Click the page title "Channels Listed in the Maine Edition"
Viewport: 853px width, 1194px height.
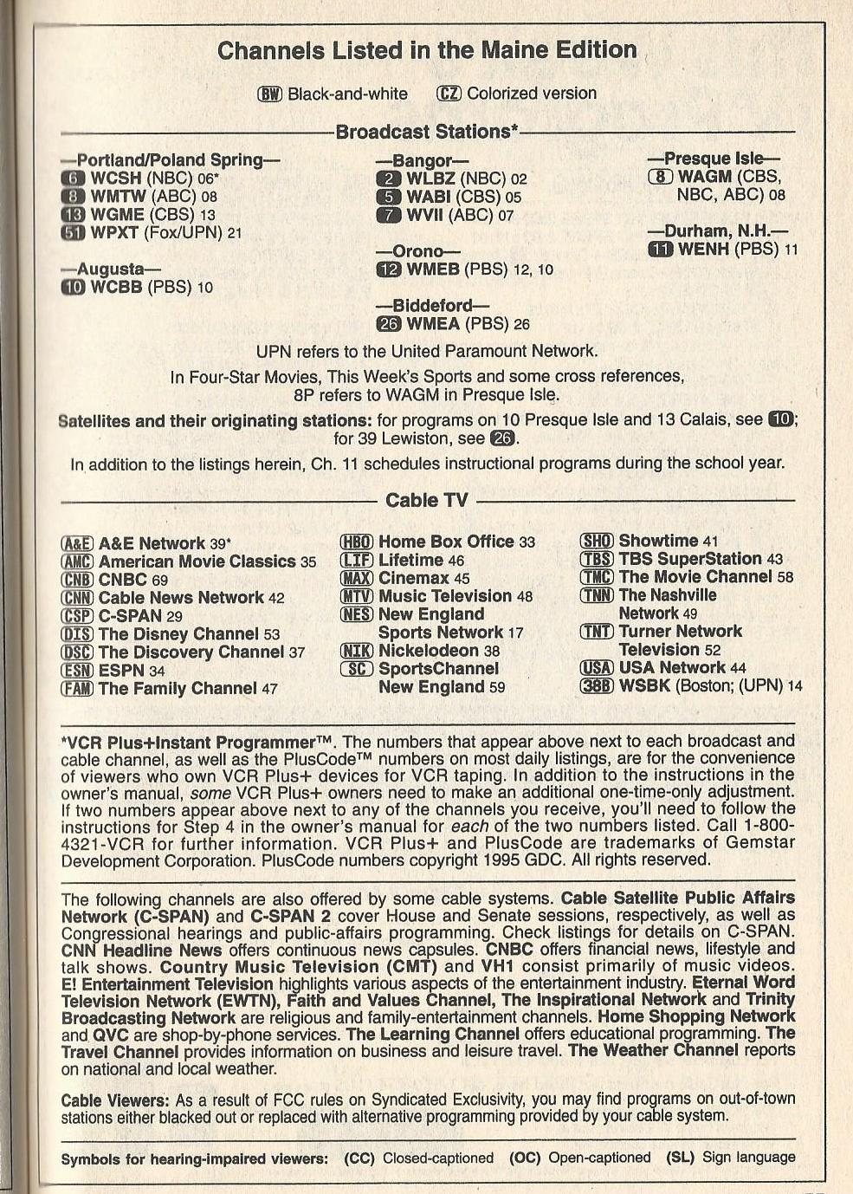coord(427,50)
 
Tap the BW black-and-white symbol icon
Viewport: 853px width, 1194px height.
coord(270,94)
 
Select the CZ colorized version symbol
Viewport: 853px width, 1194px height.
coord(449,94)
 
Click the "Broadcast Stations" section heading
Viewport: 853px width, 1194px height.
coord(426,132)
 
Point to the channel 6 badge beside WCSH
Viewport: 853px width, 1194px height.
coord(72,178)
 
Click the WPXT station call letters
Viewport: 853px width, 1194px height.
coord(114,232)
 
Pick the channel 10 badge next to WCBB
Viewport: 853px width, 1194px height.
coord(73,287)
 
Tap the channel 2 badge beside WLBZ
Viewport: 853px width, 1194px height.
coord(387,179)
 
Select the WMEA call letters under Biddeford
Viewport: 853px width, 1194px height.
coord(432,324)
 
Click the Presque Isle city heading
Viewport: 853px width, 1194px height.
coord(714,159)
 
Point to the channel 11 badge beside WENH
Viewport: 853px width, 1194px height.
coord(660,250)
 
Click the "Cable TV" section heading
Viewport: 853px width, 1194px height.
coord(426,500)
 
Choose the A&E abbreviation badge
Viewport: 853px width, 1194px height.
coord(77,544)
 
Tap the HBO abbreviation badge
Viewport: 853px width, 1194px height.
coord(356,542)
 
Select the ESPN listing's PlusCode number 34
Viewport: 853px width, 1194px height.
coord(157,671)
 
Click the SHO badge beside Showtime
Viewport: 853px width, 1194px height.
coord(597,542)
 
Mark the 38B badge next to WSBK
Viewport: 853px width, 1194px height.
coord(597,686)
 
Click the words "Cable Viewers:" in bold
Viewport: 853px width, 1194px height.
coord(115,1100)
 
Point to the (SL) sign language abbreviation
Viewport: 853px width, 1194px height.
coord(681,1158)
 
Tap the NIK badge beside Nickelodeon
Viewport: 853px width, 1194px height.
coord(356,651)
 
